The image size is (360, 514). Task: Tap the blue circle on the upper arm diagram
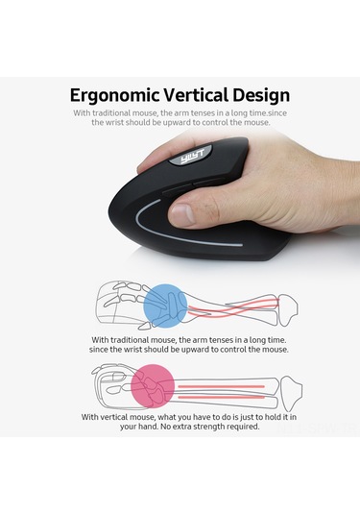click(165, 306)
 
